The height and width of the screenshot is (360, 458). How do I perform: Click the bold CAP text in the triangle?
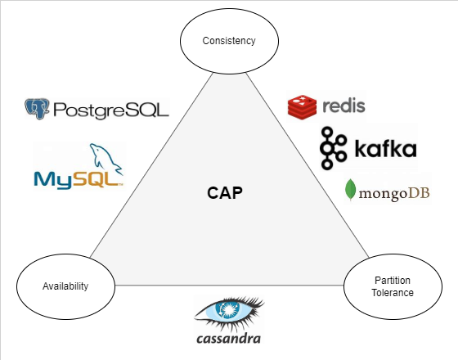click(x=225, y=193)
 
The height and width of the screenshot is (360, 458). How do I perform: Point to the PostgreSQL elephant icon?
click(x=37, y=109)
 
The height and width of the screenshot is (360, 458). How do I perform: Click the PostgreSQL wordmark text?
click(x=111, y=110)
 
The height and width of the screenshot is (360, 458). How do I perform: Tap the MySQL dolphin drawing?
click(x=106, y=160)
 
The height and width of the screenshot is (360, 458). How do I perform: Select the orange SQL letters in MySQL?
click(x=97, y=179)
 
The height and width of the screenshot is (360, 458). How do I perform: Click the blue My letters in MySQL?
click(x=52, y=180)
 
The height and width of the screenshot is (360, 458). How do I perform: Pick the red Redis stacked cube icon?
click(x=302, y=107)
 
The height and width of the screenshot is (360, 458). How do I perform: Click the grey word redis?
click(x=343, y=106)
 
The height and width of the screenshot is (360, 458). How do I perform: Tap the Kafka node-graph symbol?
click(x=333, y=148)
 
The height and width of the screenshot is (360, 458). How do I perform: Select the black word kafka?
click(x=385, y=148)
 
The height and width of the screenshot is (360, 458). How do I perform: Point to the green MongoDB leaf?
click(x=350, y=190)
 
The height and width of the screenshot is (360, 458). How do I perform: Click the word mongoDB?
click(x=394, y=193)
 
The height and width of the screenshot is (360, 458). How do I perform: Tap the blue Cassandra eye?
click(x=229, y=310)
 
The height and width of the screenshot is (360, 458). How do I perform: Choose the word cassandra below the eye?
click(x=228, y=339)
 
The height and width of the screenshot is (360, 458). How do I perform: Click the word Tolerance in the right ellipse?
click(x=393, y=293)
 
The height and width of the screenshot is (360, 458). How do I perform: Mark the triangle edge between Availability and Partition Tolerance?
click(x=229, y=285)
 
